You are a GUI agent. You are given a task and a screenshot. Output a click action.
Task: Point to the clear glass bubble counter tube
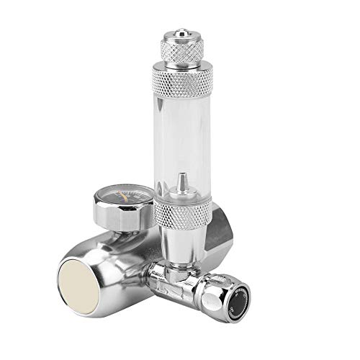(184, 144)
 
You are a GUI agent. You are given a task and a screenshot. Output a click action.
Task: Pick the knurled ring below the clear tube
(184, 212)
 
